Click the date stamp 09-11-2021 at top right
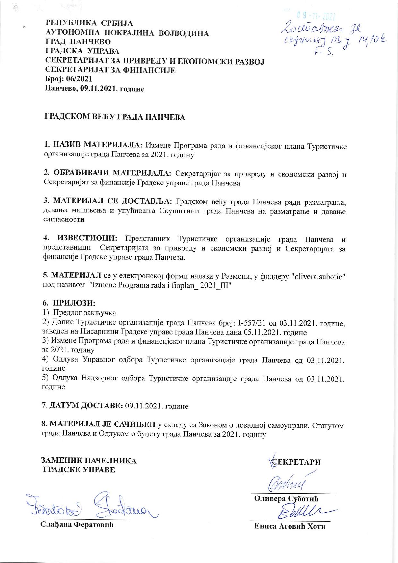pyautogui.click(x=316, y=16)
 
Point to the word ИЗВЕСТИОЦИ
pyautogui.click(x=87, y=239)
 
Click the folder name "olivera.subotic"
pyautogui.click(x=317, y=276)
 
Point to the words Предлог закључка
pyautogui.click(x=84, y=312)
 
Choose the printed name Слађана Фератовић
pyautogui.click(x=77, y=524)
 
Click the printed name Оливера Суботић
pyautogui.click(x=286, y=498)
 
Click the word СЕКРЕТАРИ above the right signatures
pyautogui.click(x=296, y=462)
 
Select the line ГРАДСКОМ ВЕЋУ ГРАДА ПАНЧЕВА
pyautogui.click(x=115, y=117)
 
